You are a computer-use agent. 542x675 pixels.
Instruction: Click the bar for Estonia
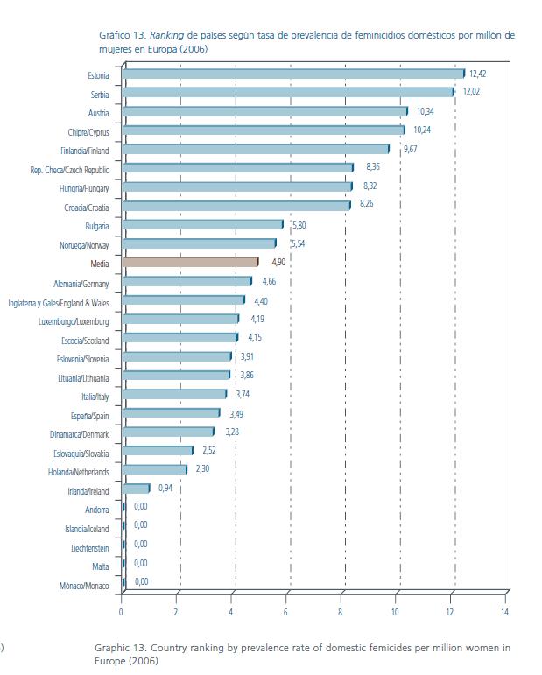click(293, 74)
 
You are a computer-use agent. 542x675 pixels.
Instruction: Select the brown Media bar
click(190, 262)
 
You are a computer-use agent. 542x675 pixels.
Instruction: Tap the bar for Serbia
click(288, 93)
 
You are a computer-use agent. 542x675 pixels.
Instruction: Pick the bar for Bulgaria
click(202, 225)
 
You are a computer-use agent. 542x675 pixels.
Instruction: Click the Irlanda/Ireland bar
click(136, 489)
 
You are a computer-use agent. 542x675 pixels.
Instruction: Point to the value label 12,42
click(477, 74)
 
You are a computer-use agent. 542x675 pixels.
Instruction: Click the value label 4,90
click(278, 262)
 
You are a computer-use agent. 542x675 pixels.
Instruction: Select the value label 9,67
click(410, 150)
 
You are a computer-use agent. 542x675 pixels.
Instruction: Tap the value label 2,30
click(202, 469)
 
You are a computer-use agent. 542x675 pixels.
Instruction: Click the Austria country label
click(98, 113)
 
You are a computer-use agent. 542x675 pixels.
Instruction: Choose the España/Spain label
click(89, 416)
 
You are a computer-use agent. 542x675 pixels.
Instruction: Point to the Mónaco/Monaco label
click(84, 586)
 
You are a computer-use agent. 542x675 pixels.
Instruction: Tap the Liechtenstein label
click(90, 548)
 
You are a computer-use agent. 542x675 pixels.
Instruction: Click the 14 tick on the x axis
click(504, 613)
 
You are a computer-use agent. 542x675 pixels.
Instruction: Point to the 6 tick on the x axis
click(285, 613)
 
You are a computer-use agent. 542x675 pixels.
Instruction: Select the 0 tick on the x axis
click(122, 613)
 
